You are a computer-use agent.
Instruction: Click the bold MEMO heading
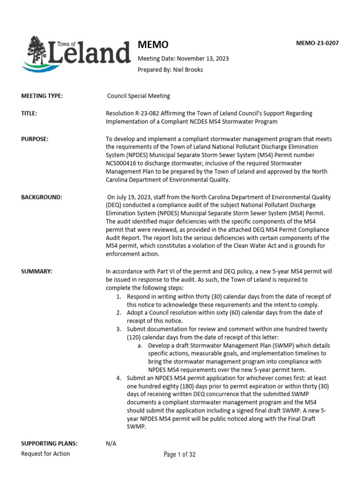point(152,45)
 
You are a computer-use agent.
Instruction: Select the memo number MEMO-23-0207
point(317,43)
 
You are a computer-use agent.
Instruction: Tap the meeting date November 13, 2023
point(201,58)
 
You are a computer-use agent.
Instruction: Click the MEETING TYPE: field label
point(42,96)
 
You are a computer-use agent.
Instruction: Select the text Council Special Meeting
point(139,96)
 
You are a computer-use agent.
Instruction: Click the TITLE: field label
point(29,113)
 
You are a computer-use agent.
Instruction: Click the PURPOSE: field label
point(35,139)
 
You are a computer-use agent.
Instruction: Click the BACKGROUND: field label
point(41,197)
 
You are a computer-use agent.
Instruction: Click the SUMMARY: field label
point(37,271)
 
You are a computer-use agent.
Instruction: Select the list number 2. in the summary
point(120,312)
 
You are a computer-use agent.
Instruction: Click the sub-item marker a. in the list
point(140,345)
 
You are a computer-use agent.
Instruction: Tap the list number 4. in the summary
point(120,378)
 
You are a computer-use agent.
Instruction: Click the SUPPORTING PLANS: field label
point(49,443)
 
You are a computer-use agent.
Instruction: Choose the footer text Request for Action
point(45,454)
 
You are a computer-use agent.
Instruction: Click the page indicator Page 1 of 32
point(180,454)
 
